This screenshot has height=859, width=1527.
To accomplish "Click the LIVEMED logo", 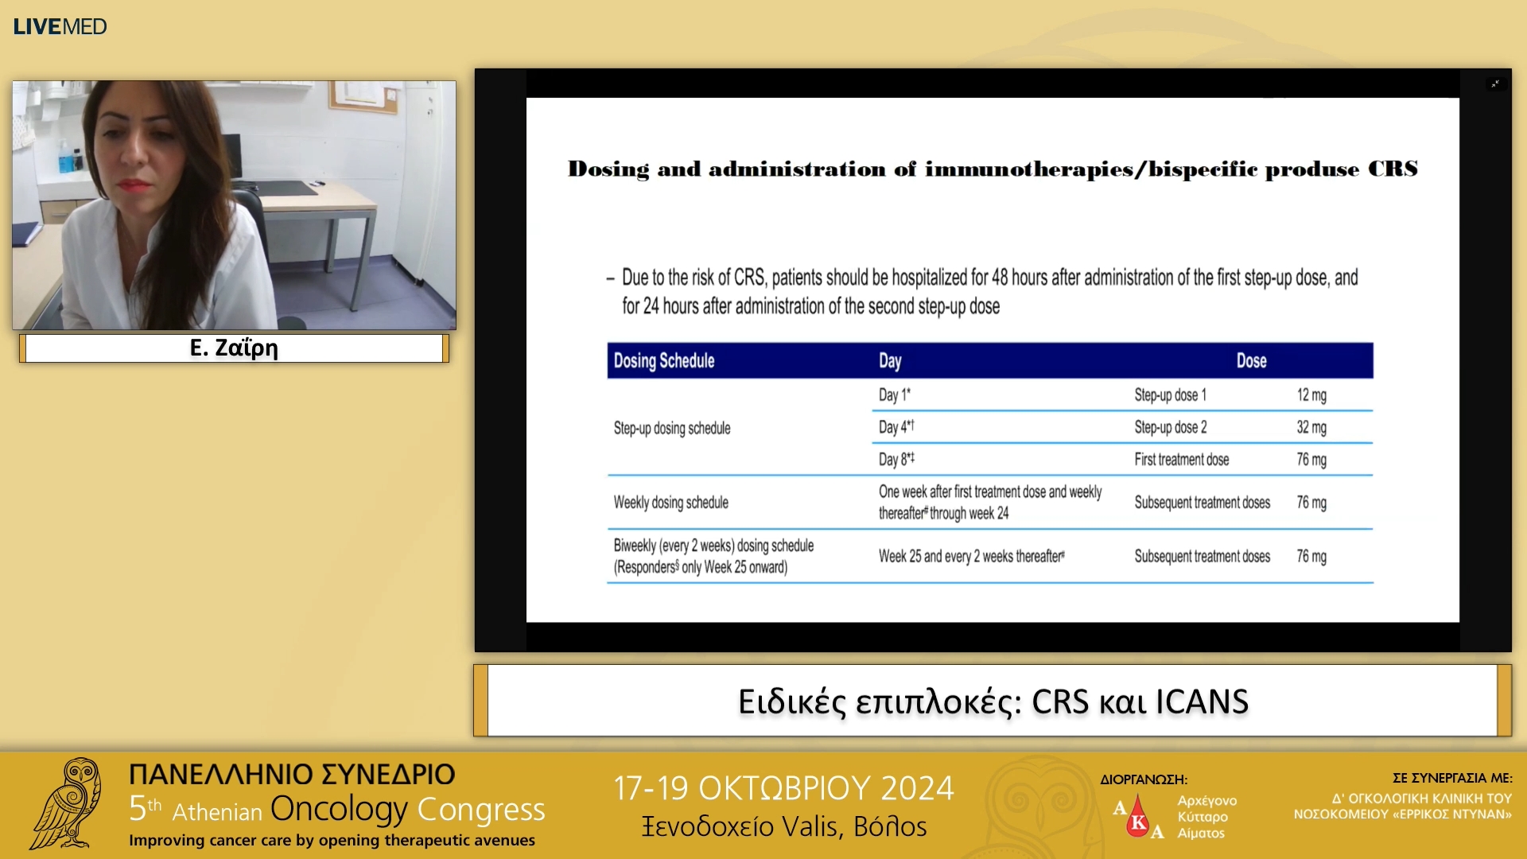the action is (60, 26).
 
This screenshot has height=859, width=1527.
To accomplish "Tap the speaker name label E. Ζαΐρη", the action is (234, 348).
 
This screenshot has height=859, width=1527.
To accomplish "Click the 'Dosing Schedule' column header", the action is (664, 361).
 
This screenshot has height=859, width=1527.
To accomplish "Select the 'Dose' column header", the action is (1251, 361).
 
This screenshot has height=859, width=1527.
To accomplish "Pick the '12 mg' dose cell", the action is (1311, 395).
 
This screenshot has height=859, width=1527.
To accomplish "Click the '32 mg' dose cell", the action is (1311, 427).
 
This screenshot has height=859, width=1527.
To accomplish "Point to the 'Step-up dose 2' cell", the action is (1170, 427).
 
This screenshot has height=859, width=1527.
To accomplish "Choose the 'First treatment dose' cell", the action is (1181, 460).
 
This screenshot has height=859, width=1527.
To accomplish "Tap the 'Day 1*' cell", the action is (895, 395).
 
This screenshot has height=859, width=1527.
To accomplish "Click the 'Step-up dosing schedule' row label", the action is (672, 428).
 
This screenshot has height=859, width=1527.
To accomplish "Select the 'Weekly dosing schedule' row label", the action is (670, 503).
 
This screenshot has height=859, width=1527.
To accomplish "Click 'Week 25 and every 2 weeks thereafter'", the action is (971, 557).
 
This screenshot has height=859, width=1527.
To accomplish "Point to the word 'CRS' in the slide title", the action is (1393, 169).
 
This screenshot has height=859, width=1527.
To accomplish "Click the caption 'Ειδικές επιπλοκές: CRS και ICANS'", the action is (993, 702).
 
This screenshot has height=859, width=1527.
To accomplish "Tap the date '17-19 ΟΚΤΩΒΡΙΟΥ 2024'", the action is (783, 788).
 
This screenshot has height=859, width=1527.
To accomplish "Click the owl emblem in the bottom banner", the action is (67, 803).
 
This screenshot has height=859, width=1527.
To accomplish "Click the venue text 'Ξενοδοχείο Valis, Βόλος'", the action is (784, 827).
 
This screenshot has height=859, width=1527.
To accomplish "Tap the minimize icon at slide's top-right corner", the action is (1495, 84).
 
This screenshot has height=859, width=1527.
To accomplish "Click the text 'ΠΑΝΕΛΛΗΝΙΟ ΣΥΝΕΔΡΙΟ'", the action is (292, 774).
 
